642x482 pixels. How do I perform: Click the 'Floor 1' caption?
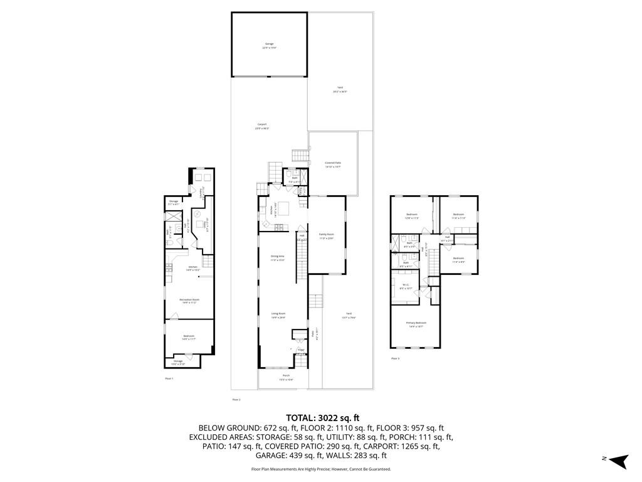coord(169,378)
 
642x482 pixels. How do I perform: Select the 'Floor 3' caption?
coord(395,358)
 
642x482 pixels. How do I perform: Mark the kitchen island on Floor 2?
coord(284,208)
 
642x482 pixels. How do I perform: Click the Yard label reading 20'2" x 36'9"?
coord(340,89)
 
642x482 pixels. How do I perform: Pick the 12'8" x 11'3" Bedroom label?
coord(413,216)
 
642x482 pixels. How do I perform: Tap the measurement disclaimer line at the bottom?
coord(321,469)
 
